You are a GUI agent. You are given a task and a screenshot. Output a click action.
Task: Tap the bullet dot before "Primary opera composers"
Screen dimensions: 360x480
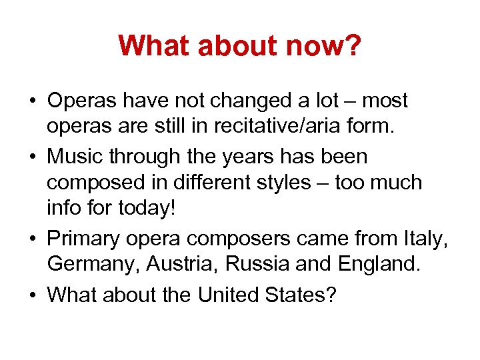click(33, 239)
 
